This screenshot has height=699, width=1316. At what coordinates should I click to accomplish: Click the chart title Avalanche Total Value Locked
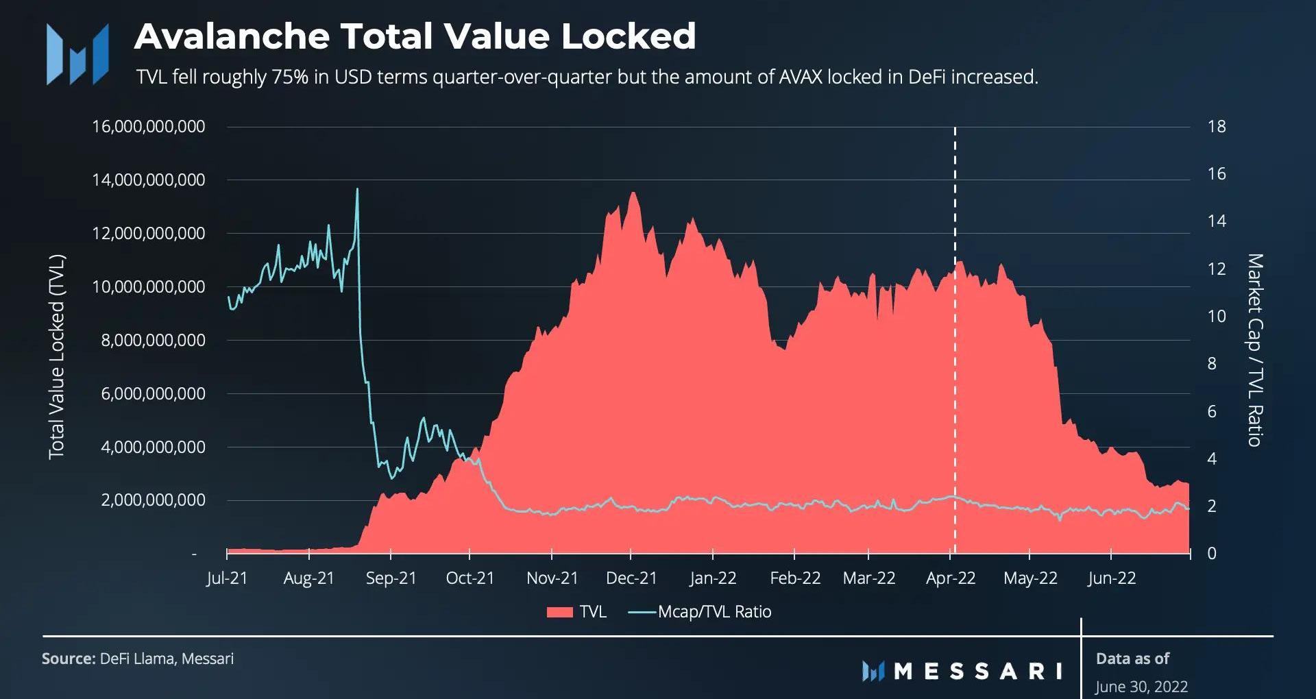click(415, 36)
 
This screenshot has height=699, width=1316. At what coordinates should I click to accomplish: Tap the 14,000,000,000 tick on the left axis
click(148, 180)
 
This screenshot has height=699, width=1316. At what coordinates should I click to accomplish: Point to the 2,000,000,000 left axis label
click(153, 500)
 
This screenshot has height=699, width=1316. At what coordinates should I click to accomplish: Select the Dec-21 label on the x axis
click(631, 578)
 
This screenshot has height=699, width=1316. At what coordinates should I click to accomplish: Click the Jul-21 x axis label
click(227, 578)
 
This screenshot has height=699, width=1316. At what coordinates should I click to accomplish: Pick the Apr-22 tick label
click(951, 578)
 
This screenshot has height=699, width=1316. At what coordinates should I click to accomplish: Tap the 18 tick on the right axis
click(1217, 127)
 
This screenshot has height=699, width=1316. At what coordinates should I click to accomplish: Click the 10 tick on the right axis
click(1217, 317)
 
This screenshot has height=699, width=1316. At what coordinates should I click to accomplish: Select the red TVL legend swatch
click(559, 612)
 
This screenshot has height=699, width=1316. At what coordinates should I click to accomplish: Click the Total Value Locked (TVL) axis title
click(56, 356)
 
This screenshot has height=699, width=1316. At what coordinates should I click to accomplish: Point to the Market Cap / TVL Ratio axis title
click(1254, 349)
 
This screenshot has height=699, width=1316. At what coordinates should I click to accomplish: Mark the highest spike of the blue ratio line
click(357, 190)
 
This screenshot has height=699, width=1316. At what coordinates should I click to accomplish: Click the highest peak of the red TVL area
click(633, 193)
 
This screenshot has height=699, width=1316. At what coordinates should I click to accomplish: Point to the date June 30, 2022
click(1141, 686)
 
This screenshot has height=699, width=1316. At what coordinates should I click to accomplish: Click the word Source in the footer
click(68, 659)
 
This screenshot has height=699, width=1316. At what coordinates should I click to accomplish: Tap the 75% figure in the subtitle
click(290, 77)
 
